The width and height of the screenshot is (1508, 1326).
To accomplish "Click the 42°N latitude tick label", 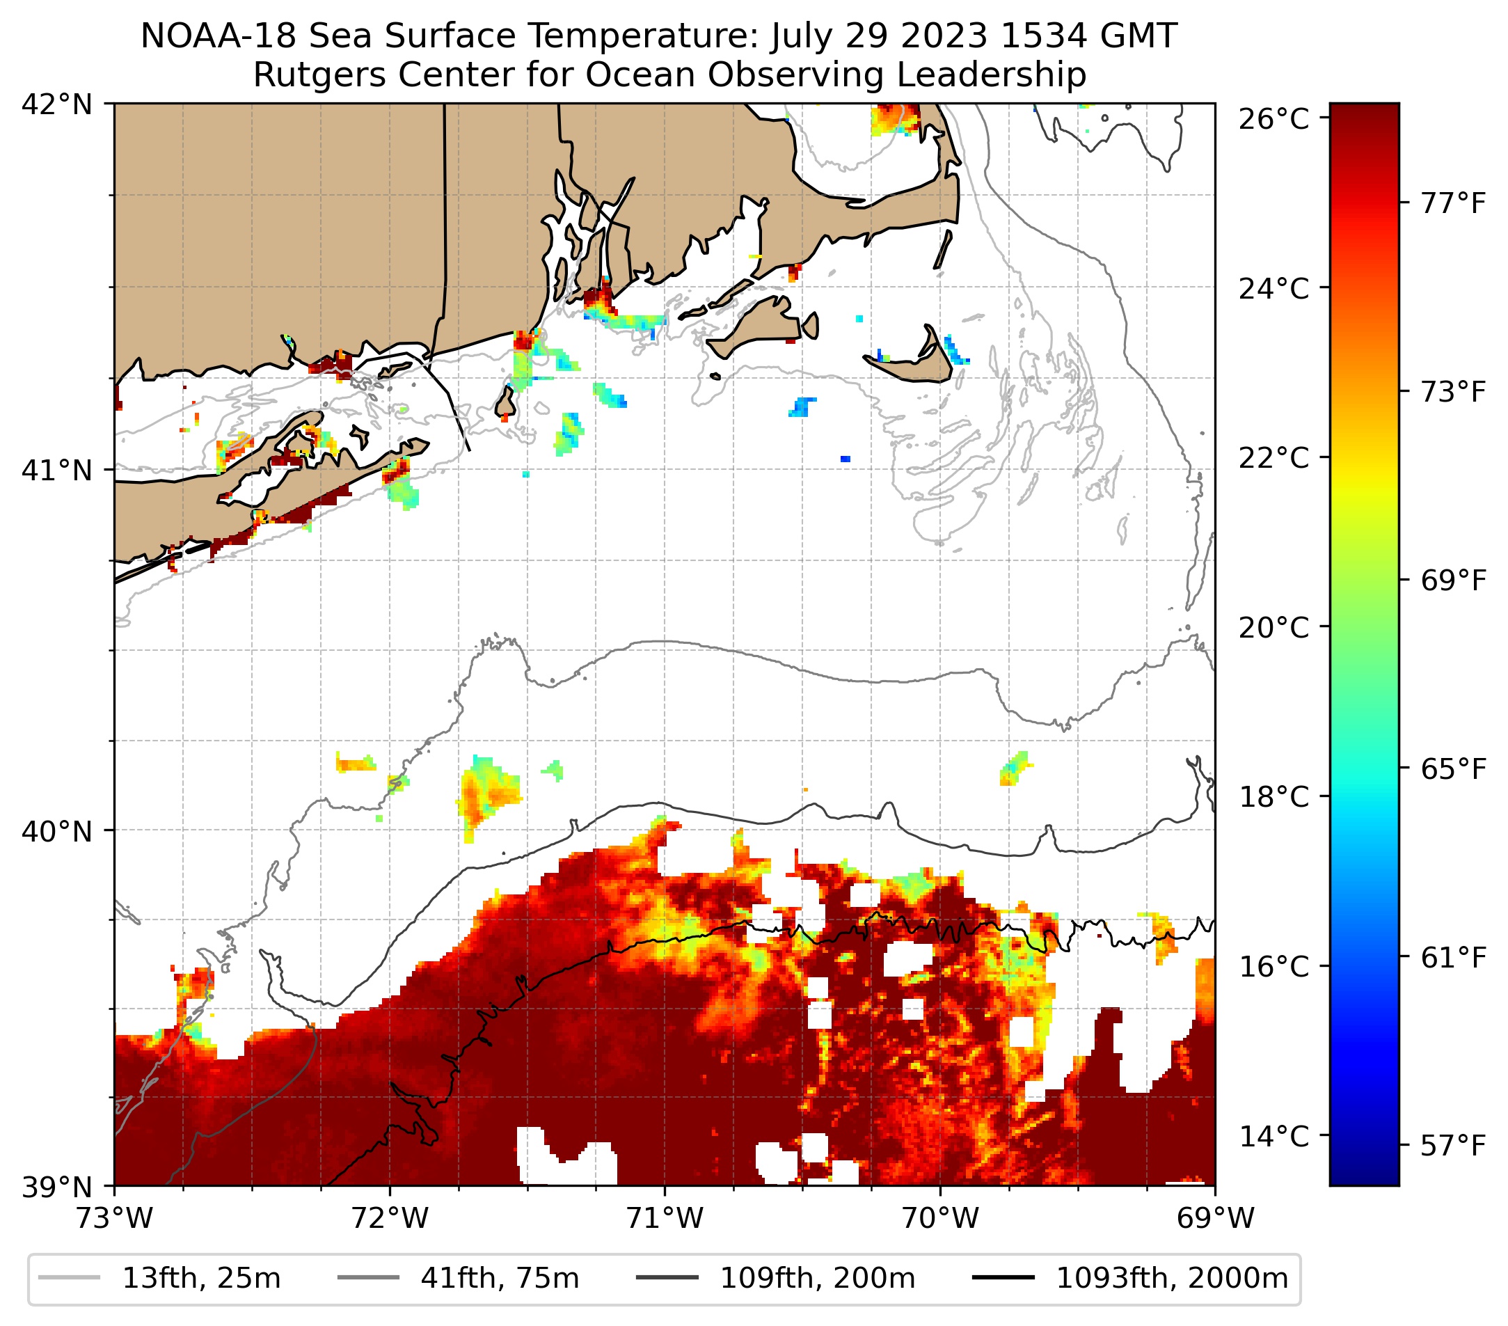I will pos(57,105).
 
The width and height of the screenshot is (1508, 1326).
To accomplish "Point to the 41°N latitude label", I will pos(57,470).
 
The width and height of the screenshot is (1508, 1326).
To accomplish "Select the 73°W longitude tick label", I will pos(114,1218).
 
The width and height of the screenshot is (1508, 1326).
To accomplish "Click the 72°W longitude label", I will pos(390,1218).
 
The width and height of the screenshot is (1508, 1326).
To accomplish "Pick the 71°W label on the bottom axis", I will pos(665,1218).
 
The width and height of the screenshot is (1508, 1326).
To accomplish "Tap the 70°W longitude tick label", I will pos(941,1218).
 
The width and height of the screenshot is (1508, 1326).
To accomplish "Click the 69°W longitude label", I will pos(1215,1218).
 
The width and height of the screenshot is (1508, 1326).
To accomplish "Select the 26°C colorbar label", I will pos(1273,119).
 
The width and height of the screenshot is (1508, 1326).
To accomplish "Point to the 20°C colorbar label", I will pos(1273,628).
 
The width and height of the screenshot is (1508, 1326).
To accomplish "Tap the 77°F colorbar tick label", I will pos(1452,203).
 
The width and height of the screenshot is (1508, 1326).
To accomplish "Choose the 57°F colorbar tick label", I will pos(1452,1146).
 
